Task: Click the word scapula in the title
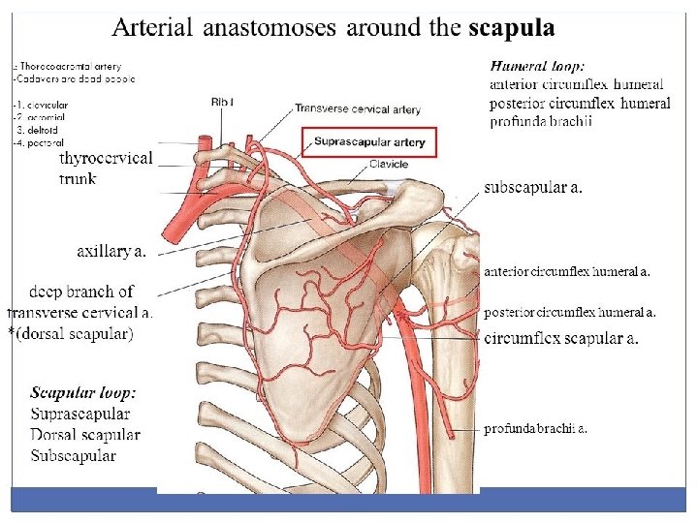click(511, 28)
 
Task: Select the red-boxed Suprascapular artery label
click(369, 142)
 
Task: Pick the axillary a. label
click(112, 252)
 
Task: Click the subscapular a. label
click(533, 188)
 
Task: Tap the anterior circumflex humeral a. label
click(566, 272)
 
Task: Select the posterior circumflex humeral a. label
click(569, 312)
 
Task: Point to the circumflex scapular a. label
click(560, 338)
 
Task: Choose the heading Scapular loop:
click(82, 393)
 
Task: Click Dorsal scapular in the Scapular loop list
click(85, 435)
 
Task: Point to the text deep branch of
click(81, 292)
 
